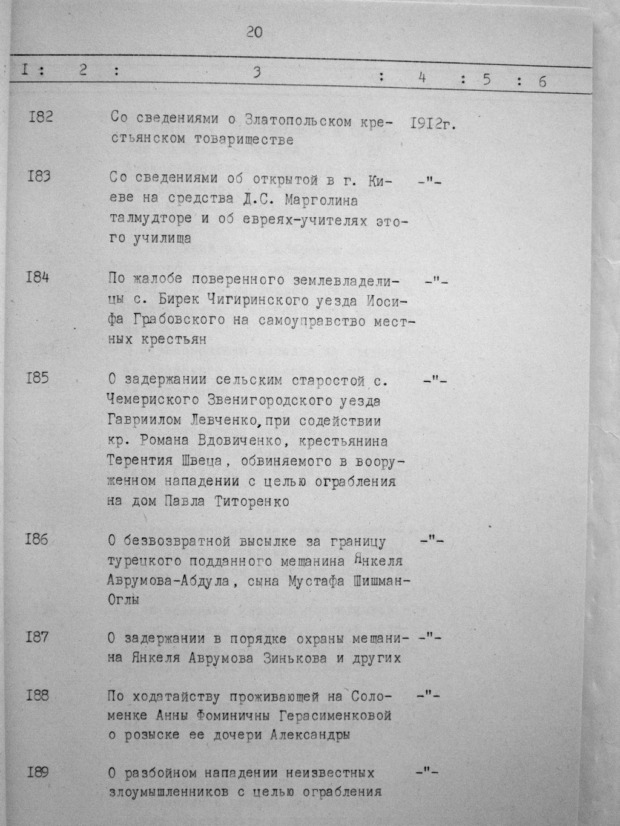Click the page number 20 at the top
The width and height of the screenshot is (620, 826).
[254, 33]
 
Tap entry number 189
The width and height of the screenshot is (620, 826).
[38, 772]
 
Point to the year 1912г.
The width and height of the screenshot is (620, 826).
[432, 123]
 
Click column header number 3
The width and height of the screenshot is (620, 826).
[257, 73]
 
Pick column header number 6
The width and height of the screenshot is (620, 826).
[542, 81]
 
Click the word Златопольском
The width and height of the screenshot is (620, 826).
[297, 120]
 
